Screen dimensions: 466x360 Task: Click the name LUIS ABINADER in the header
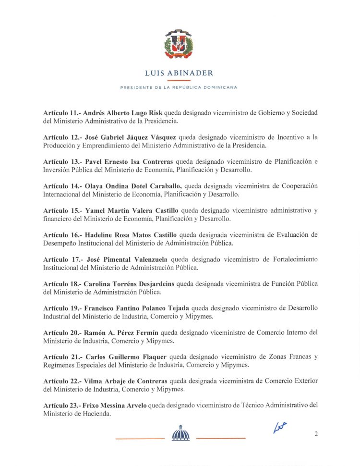tap(179, 74)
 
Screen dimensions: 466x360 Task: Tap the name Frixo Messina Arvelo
tap(115, 405)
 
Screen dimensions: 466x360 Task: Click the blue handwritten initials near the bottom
tap(279, 427)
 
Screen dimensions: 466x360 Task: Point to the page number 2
tap(316, 434)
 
